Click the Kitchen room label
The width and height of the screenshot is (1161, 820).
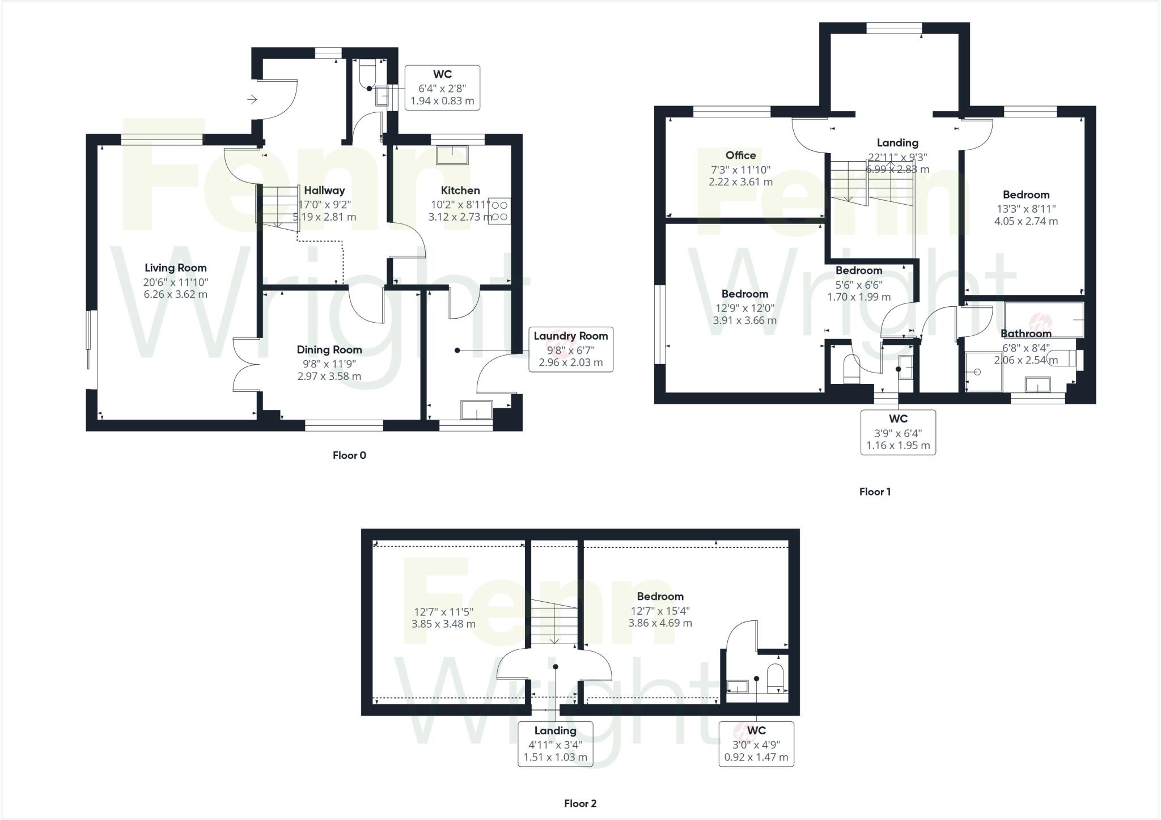click(460, 191)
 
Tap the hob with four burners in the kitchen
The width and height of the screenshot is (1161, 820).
click(499, 210)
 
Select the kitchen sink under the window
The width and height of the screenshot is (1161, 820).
click(452, 155)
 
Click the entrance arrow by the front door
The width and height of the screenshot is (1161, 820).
click(252, 100)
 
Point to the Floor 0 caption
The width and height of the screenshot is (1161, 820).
click(349, 455)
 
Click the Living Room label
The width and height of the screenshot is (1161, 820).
click(175, 268)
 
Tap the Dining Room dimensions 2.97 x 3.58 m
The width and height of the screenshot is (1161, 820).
click(329, 376)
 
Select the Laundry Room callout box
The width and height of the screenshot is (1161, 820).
click(570, 349)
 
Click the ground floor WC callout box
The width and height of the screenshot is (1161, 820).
click(442, 88)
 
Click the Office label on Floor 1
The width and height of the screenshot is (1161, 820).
click(740, 155)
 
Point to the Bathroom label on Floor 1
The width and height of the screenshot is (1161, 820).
click(1026, 333)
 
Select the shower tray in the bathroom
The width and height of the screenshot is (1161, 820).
click(984, 371)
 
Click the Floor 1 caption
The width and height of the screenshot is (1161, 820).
click(875, 492)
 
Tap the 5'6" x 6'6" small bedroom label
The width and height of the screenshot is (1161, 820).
click(858, 284)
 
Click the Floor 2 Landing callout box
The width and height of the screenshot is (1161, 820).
click(555, 744)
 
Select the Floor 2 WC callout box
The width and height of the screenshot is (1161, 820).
click(756, 744)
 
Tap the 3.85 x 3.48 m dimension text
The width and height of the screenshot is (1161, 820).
click(443, 624)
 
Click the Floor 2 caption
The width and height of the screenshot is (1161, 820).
click(580, 804)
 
